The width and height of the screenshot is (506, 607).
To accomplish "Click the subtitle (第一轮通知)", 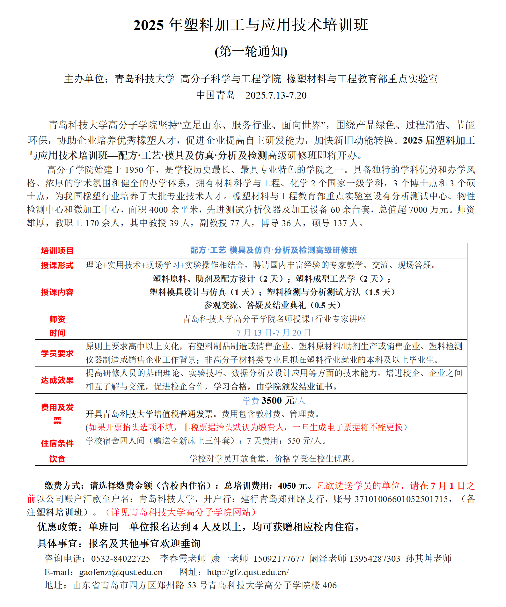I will pos(251,52).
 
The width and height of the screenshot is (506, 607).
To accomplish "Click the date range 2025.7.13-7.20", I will pos(276,95).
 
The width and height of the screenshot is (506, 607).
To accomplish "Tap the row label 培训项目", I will pos(57,251).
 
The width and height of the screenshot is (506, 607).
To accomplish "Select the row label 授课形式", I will pos(57,265).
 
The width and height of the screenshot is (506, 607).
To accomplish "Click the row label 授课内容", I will pos(57,292).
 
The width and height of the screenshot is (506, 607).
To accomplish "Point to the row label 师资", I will pos(57,319).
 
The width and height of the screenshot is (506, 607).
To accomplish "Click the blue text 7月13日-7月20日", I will pos(274,333).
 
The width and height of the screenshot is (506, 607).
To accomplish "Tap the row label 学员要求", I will pos(57,353).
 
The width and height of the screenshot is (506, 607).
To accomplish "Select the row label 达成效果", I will pos(57,380).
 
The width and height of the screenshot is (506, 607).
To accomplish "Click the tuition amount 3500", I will pos(272,401).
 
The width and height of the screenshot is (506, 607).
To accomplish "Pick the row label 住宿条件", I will pos(57,443).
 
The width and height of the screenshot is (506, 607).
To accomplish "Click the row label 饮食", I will pos(57,459).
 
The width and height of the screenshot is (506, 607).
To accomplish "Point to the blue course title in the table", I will pos(274,250).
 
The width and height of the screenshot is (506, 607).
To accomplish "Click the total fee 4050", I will pos(287,486).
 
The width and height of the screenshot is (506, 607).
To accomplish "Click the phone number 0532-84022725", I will pos(121,559).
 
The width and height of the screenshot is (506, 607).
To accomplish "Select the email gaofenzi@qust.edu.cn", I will pos(121,572).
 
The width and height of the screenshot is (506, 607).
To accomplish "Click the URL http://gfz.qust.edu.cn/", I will pos(248,572).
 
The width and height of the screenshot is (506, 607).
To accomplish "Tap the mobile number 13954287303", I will pos(375,559).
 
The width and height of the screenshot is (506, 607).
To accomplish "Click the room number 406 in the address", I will pos(330,586).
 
